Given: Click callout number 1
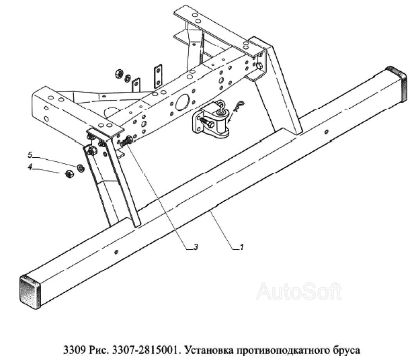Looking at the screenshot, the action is click(241, 247).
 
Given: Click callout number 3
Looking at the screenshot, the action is click(196, 247).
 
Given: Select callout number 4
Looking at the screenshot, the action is click(30, 167).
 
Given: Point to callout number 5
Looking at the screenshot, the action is click(30, 155).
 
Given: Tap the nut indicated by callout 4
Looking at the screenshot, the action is click(69, 174).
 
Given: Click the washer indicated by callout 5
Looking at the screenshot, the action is click(80, 168).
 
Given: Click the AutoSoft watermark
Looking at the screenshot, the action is click(299, 291).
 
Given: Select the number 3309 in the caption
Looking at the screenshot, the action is click(75, 350).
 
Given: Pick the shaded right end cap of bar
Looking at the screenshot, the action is click(397, 83).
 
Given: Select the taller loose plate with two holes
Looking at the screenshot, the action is click(158, 75).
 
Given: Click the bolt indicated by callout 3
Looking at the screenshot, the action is click(126, 141).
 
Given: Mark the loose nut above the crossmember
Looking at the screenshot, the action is click(118, 73).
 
